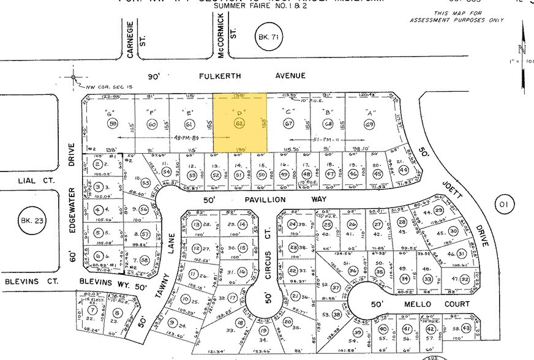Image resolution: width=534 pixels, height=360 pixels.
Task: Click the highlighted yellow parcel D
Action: (239, 122)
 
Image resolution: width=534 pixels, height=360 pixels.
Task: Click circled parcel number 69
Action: (369, 125)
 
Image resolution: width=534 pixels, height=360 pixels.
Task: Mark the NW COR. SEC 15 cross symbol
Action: (74, 77)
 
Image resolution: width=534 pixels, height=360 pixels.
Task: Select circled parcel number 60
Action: (152, 124)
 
